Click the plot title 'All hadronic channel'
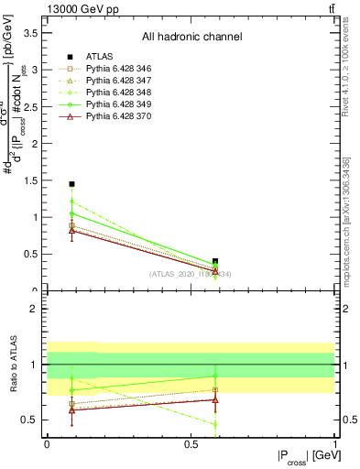pyautogui.click(x=191, y=37)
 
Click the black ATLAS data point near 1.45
pyautogui.click(x=71, y=184)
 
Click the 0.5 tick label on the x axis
pyautogui.click(x=191, y=443)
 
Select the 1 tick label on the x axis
pyautogui.click(x=335, y=443)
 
